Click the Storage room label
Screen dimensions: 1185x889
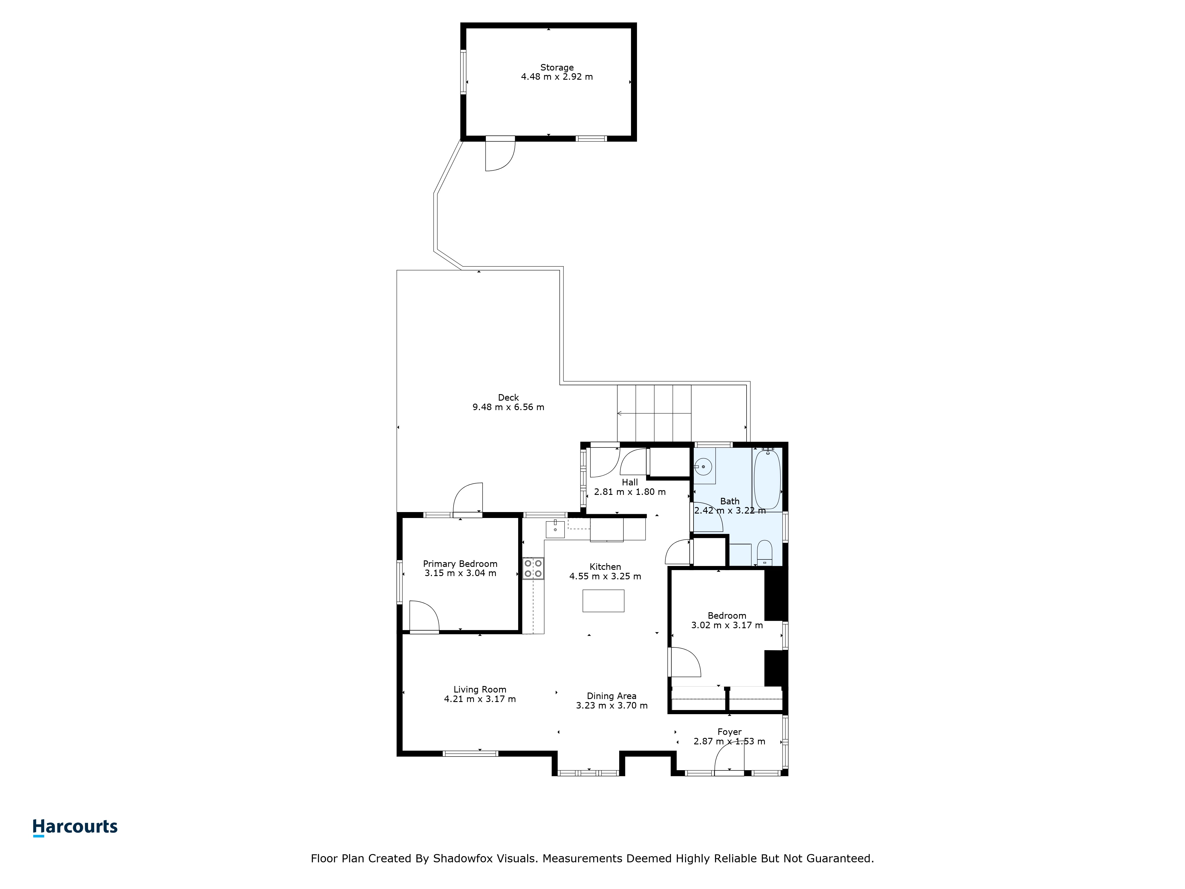click(x=557, y=68)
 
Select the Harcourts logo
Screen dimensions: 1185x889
click(x=75, y=827)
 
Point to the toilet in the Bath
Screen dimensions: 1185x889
click(x=764, y=552)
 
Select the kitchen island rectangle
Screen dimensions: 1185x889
click(x=603, y=601)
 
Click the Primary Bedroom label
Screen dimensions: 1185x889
click(x=460, y=564)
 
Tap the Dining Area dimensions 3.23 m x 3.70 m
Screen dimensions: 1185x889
click(x=612, y=706)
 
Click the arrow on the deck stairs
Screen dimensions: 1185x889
click(x=654, y=413)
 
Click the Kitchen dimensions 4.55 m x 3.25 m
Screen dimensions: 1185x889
click(x=605, y=577)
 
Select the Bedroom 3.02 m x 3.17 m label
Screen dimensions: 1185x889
click(x=727, y=621)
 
